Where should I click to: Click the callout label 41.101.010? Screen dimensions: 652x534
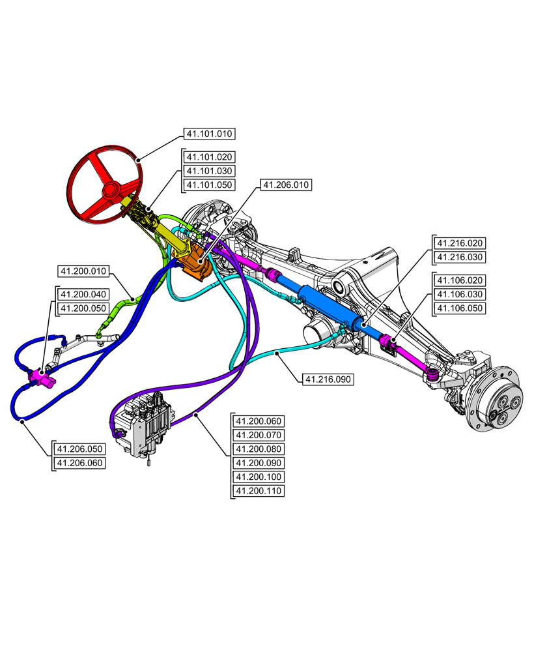[209, 134]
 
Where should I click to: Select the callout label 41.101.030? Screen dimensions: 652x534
[209, 171]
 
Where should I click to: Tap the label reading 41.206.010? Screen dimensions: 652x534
[286, 185]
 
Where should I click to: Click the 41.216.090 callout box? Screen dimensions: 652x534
[328, 379]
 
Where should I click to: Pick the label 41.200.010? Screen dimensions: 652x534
[83, 271]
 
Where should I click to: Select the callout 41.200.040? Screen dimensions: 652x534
[83, 295]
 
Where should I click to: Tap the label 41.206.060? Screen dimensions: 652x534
[80, 463]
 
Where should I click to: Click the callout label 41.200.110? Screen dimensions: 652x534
[259, 491]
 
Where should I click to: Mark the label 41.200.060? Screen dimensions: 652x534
[259, 421]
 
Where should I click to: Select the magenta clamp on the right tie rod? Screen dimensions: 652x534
[391, 342]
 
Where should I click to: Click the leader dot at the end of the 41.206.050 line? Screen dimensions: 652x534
[23, 422]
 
